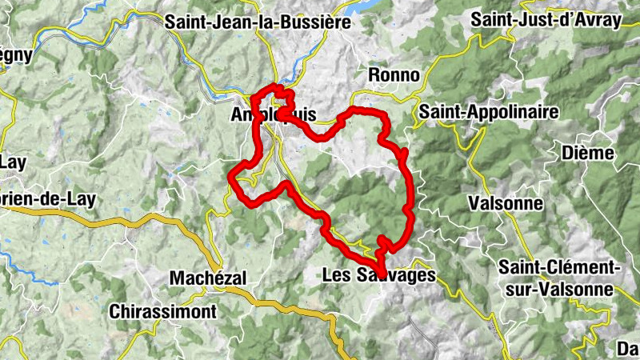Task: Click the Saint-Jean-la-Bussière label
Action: click(258, 22)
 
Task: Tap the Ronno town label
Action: click(394, 74)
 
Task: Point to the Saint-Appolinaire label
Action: click(488, 111)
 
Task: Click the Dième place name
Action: click(587, 153)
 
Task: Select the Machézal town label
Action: click(208, 278)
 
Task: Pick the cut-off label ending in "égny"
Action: click(15, 56)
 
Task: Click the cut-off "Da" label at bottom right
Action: click(627, 349)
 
